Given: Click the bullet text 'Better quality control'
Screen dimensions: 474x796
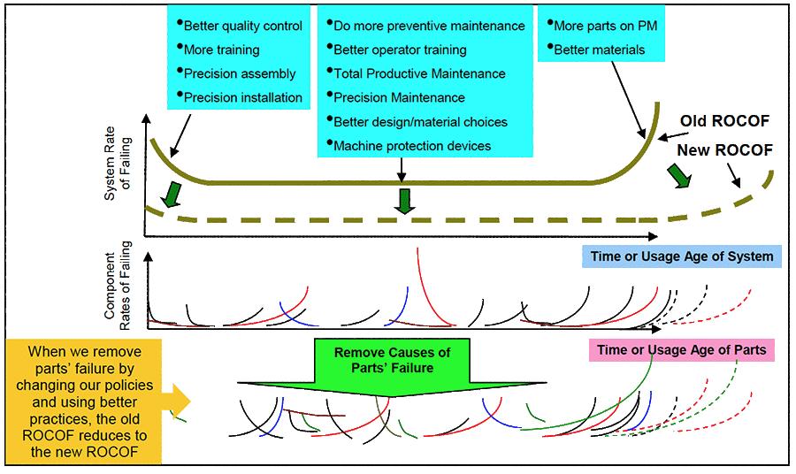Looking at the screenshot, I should coord(242,26).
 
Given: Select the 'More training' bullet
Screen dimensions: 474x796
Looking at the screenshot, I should coord(221,50).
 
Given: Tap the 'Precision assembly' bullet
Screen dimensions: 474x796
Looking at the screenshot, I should coord(239,73).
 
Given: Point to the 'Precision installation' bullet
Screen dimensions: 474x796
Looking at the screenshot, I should coord(242,97).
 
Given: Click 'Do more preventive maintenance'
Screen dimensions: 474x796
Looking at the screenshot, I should coord(429,26).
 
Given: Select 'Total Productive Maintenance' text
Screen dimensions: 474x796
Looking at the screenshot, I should coord(419,73).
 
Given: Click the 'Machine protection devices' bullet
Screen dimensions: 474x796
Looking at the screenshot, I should coord(411,145).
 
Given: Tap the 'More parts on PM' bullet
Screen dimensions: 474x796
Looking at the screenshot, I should coord(605,26).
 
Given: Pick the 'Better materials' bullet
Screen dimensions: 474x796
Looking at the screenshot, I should coord(599,50).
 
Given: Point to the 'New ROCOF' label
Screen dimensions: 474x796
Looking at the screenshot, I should coord(724,150).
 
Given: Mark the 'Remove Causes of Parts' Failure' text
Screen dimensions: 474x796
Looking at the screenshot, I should coord(392,360).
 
